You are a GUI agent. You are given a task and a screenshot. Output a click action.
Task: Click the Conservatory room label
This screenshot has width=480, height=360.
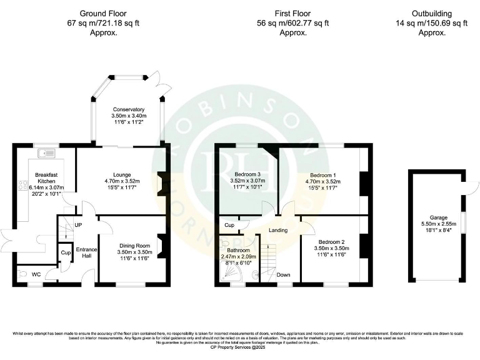127,109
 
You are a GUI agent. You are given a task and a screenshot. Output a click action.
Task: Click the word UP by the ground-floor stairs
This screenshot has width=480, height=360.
79,224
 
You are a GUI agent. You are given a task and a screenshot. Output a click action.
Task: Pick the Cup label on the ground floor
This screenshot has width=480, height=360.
66,252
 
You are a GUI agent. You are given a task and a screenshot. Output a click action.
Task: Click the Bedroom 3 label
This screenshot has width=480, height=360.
247,174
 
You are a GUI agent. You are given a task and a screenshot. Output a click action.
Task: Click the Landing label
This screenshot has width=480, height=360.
278,230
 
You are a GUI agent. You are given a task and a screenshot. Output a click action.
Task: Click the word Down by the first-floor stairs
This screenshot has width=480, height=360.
283,274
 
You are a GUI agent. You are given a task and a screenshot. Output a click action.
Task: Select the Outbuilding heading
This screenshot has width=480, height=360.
431,13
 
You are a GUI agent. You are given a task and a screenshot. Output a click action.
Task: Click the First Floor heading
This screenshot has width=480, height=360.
293,13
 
